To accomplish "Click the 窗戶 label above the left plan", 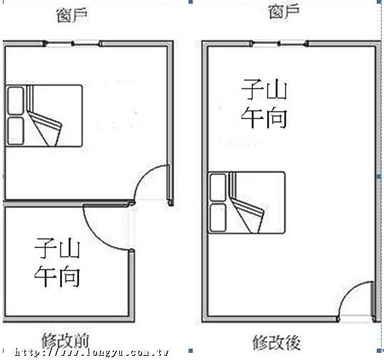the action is (x=72, y=16).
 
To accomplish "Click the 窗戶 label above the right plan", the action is (x=284, y=11).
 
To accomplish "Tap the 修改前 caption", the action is (x=65, y=341).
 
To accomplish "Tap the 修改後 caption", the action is (x=276, y=342).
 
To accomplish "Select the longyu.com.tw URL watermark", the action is (x=91, y=352).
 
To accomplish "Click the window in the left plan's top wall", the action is (x=73, y=43).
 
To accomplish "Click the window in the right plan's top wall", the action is (x=279, y=43).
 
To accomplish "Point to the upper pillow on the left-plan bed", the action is (x=16, y=101).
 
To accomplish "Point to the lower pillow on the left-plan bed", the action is (x=16, y=131).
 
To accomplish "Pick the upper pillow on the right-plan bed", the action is (x=218, y=187).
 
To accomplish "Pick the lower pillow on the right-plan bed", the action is (x=218, y=217).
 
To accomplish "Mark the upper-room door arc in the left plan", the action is (x=145, y=174).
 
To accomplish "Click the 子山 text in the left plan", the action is (x=57, y=248).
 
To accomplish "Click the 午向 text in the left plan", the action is (x=57, y=277).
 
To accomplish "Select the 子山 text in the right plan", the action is (x=264, y=89).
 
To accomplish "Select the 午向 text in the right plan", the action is (x=264, y=118).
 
